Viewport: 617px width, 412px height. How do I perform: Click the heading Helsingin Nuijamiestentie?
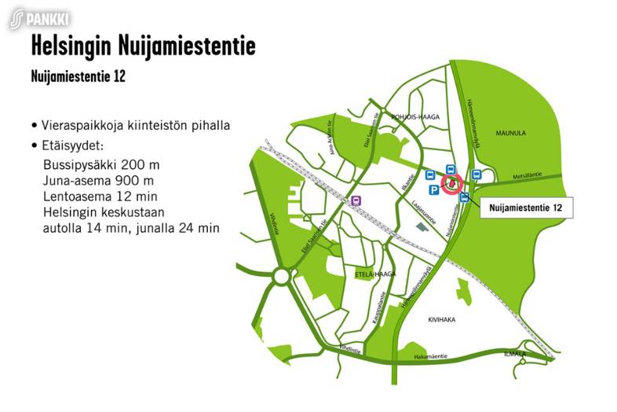(143, 46)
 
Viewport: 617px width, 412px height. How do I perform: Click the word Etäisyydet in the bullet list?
(75, 147)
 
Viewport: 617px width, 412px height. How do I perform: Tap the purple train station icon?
(357, 200)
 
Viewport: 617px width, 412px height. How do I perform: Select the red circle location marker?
(451, 184)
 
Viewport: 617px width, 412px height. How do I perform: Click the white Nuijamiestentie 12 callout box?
(524, 208)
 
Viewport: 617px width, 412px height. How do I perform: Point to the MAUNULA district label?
(509, 134)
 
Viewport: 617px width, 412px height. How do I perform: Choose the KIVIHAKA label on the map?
(441, 321)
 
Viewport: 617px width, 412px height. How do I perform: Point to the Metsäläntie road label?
(526, 175)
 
